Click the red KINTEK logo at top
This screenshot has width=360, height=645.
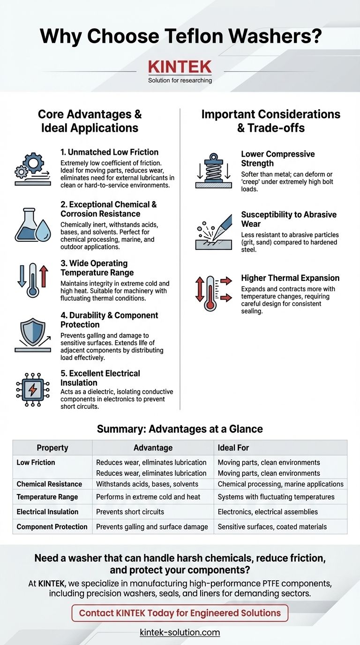(x=180, y=67)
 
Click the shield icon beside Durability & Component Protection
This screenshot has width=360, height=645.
(x=32, y=334)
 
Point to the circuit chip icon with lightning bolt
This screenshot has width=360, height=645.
(x=32, y=390)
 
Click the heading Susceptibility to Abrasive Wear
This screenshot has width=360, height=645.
(x=289, y=219)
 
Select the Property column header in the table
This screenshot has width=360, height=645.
(x=52, y=448)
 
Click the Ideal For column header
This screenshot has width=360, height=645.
(x=233, y=448)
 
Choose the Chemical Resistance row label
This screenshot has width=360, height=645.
(x=49, y=484)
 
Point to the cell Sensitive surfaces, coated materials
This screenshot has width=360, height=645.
(x=272, y=526)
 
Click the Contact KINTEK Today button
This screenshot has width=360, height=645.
(x=180, y=612)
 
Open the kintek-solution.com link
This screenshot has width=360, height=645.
(x=180, y=632)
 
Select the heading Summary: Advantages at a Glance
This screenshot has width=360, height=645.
(x=180, y=428)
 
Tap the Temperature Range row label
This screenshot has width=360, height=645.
(x=47, y=496)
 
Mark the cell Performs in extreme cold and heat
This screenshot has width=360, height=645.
(x=148, y=496)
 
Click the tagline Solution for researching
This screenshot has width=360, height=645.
(x=180, y=80)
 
